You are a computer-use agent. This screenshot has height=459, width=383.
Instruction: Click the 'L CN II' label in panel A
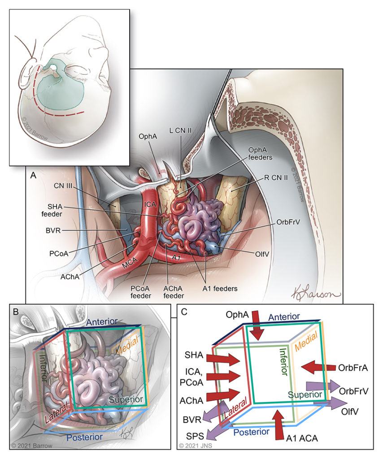coord(180,130)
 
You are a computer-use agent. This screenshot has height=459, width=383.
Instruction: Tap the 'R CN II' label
coord(276,177)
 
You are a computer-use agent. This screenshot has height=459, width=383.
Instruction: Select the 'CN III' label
coord(63,186)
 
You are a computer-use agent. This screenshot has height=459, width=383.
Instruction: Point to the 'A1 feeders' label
coord(220,289)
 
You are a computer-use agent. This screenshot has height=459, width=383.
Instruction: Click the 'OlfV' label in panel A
coord(262,254)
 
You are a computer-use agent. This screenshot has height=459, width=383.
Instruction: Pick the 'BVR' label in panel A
coord(53,230)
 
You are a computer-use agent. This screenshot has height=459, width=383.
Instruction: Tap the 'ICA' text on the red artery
coord(150,204)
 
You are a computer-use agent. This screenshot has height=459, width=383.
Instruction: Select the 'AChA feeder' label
coord(174,292)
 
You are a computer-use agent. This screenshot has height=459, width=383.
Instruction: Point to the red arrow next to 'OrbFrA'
coord(318,367)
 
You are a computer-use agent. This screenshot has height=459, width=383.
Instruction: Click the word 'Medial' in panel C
coord(306,342)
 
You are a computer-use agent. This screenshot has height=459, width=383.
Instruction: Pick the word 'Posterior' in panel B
coord(85,437)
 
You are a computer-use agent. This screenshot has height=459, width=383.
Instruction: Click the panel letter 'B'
coord(16,312)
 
